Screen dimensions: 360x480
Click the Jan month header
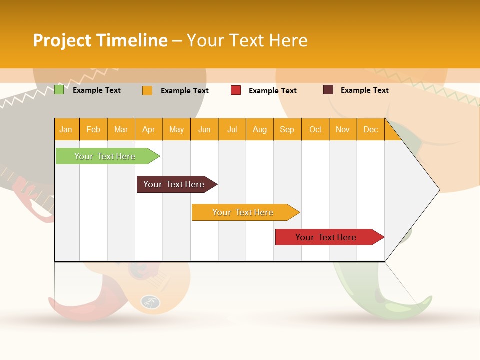pos(66,129)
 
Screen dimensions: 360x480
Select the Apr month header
pos(149,129)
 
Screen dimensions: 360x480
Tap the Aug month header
pos(260,129)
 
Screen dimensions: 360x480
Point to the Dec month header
pos(371,129)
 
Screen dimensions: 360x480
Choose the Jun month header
pos(204,129)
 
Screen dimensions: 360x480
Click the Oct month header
pos(315,129)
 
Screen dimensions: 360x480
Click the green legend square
pos(59,90)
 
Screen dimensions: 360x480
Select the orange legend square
pos(147,90)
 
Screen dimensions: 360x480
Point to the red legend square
pos(236,90)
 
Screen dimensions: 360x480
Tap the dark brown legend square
pos(328,90)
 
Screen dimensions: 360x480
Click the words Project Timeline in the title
pos(100,40)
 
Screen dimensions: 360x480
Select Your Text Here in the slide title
pos(247,40)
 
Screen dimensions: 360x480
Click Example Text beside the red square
pos(273,91)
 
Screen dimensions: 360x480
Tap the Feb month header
pos(93,129)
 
